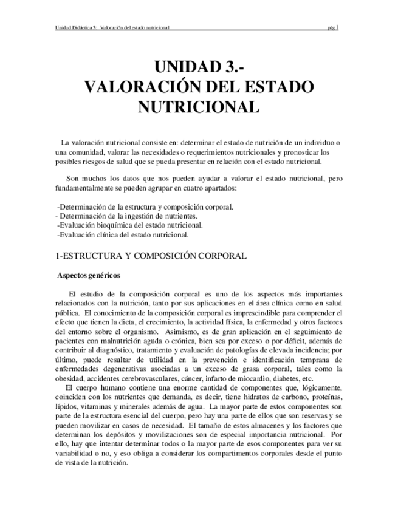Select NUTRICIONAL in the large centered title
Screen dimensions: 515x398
pyautogui.click(x=199, y=107)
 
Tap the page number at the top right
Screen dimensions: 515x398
pyautogui.click(x=332, y=27)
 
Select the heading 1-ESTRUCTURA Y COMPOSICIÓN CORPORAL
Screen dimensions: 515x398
pyautogui.click(x=151, y=256)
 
